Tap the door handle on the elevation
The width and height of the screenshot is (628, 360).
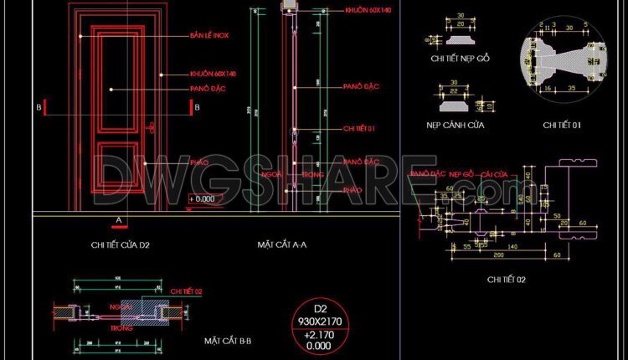pos(151,126)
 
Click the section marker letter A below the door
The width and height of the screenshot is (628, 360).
pos(120,219)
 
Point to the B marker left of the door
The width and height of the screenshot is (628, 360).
pos(39,107)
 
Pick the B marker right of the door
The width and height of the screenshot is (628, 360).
pos(196,107)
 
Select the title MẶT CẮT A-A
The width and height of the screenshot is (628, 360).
pos(282,245)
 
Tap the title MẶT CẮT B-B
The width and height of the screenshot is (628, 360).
pos(229,341)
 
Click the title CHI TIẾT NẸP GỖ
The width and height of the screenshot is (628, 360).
pos(460,59)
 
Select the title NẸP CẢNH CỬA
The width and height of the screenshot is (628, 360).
pos(456,125)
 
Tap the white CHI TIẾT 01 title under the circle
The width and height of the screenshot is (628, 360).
pos(563,125)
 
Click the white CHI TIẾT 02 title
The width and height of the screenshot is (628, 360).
pos(507,279)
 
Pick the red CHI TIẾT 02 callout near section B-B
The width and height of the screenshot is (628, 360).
pos(188,291)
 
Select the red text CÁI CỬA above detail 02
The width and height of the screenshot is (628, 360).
pos(495,174)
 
